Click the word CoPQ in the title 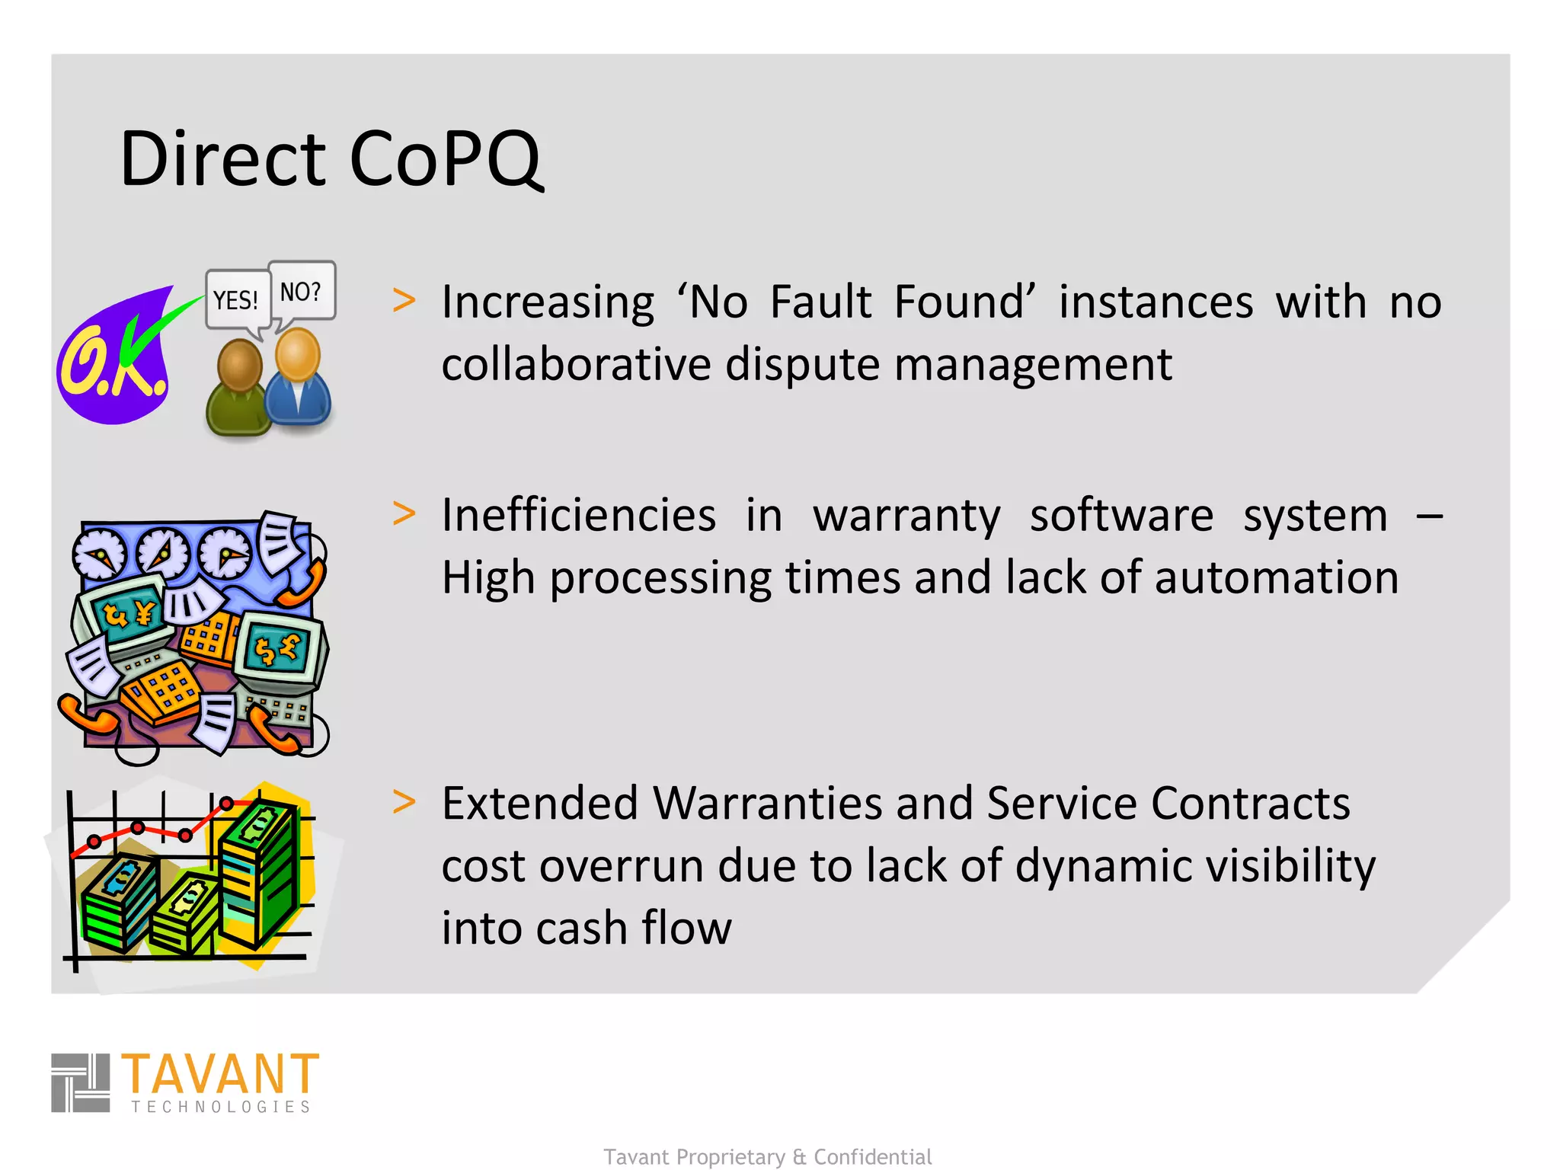pos(446,158)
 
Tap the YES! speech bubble pos(236,300)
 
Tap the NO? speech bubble pos(302,291)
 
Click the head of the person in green pos(240,366)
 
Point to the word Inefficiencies pos(579,515)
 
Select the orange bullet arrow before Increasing pos(404,300)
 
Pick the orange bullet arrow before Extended pos(404,802)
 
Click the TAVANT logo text pos(220,1074)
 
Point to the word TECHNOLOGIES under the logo pos(221,1107)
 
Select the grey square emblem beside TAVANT pos(80,1082)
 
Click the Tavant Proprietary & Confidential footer pos(768,1157)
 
